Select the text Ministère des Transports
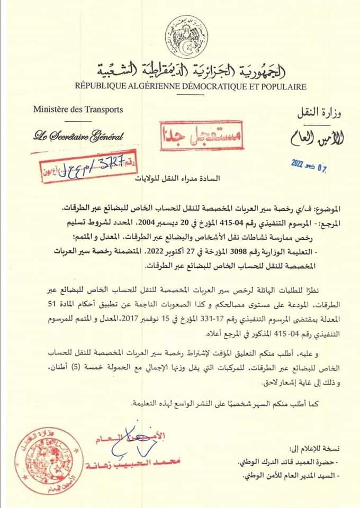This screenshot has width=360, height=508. pyautogui.click(x=78, y=110)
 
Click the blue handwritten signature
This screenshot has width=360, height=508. pyautogui.click(x=139, y=443)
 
